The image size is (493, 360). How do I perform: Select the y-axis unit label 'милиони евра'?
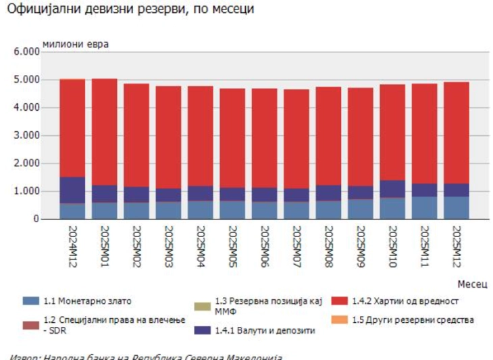point(76,44)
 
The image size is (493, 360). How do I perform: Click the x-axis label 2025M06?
point(264,249)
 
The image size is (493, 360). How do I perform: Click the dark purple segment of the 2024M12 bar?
point(72,190)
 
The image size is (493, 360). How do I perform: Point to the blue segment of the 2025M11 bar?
point(425,208)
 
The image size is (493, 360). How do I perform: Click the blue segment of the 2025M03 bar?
point(169,211)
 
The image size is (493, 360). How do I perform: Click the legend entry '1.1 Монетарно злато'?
point(88,301)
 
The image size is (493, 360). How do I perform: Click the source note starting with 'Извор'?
point(145,356)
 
